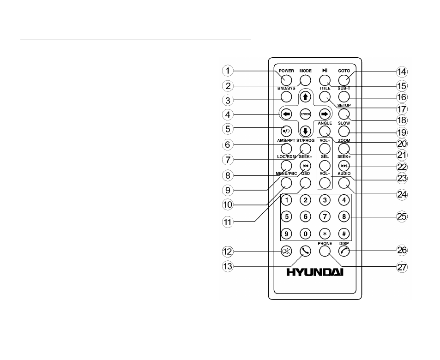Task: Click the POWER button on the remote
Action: (286, 80)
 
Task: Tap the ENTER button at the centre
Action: (305, 114)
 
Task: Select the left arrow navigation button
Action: (286, 114)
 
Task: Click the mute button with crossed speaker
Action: (286, 251)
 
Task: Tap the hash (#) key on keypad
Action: (344, 234)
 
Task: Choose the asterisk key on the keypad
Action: (325, 234)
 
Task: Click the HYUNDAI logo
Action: (315, 272)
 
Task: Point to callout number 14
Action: (402, 72)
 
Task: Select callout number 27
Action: (402, 267)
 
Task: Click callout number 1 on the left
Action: (228, 71)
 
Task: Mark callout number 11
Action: (228, 222)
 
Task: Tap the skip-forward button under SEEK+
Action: (344, 166)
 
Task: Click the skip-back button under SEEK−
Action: (305, 166)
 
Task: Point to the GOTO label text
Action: (344, 71)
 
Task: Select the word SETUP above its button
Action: (344, 105)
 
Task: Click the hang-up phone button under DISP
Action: (344, 251)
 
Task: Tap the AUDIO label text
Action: (344, 174)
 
